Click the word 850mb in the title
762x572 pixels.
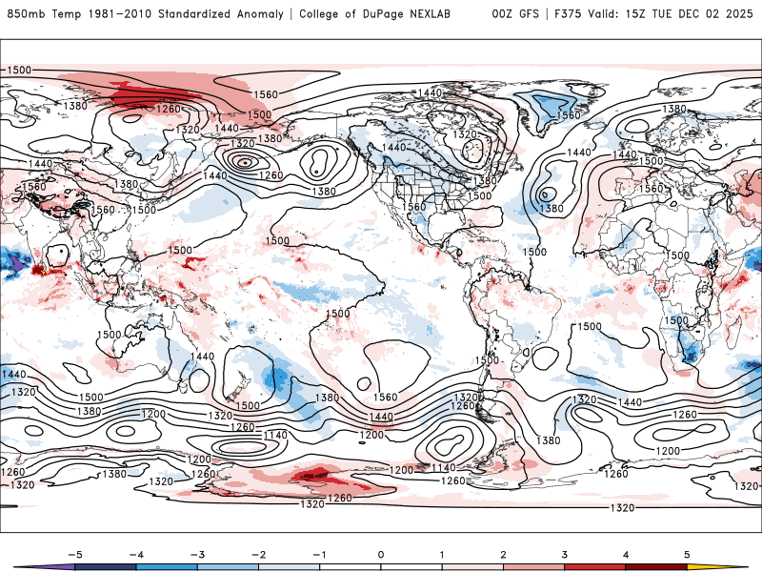24,13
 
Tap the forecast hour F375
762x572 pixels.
570,13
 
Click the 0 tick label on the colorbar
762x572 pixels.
381,553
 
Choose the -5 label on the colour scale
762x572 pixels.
72,553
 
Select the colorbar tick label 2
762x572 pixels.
504,553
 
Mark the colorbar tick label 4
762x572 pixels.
627,553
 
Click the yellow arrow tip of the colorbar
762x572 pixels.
738,566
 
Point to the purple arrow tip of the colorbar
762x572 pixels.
23,566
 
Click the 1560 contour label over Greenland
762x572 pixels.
569,115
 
